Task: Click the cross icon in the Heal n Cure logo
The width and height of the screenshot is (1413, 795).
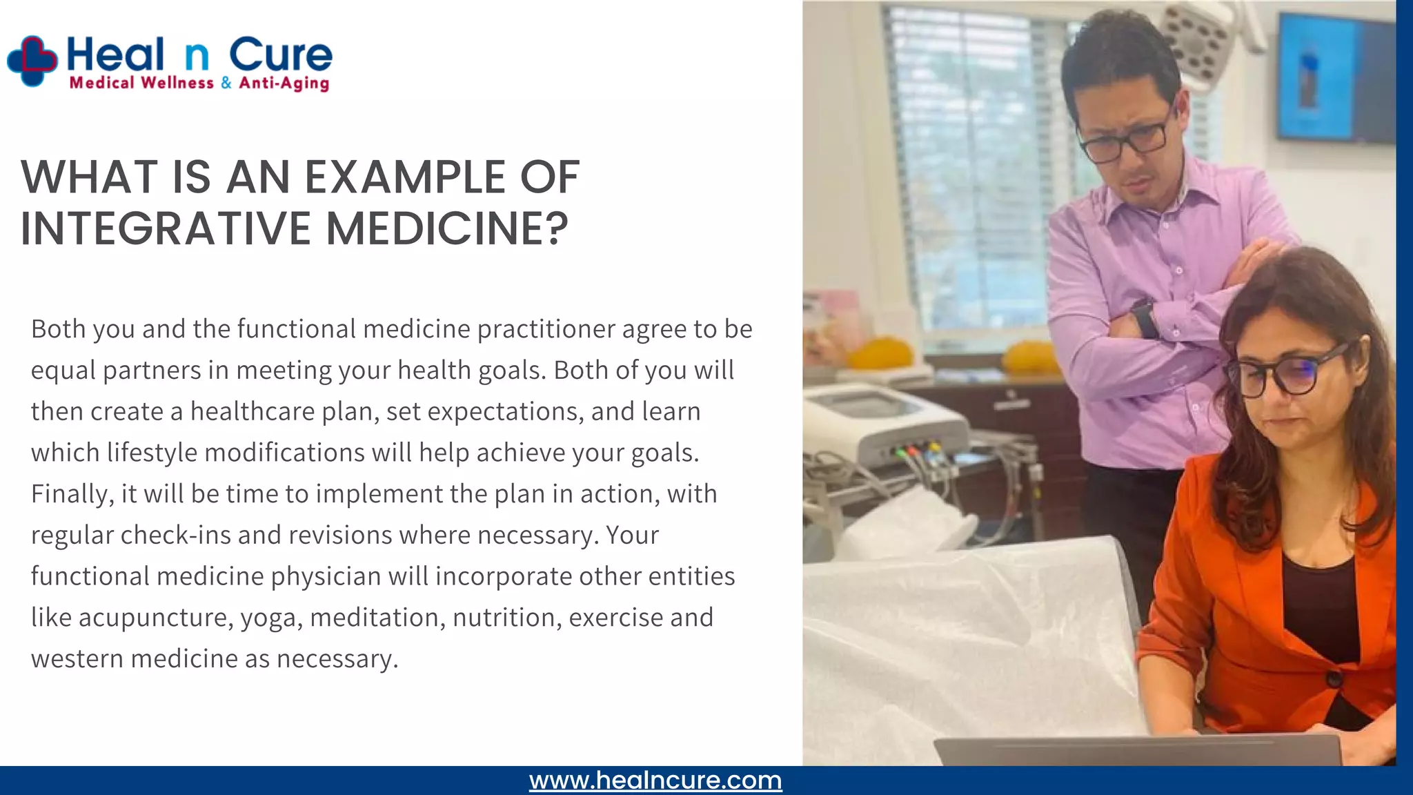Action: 32,61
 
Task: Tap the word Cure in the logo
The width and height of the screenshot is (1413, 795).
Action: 280,55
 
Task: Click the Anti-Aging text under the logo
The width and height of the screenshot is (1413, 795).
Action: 284,84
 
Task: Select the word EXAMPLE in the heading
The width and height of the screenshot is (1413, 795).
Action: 405,177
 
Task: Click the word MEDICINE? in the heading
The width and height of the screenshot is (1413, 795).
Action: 447,228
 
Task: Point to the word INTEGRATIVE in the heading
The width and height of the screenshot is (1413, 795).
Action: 166,228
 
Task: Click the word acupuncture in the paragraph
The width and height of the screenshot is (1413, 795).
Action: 152,618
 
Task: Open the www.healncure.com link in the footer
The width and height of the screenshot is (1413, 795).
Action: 655,781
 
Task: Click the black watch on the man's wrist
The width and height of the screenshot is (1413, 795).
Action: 1145,320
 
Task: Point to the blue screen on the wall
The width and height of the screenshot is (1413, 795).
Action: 1334,77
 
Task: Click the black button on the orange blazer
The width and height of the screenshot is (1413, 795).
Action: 1334,678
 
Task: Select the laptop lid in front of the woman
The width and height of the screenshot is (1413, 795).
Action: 1138,751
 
